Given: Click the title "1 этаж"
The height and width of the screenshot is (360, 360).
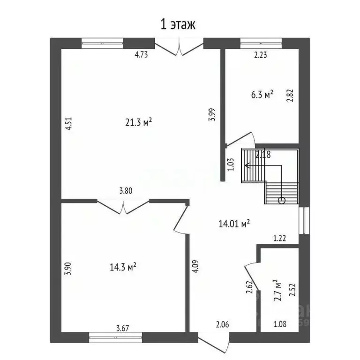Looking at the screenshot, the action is (178, 24).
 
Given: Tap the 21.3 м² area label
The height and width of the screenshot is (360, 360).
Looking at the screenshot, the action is (138, 122).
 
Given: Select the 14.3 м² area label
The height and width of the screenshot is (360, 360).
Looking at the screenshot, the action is (123, 267).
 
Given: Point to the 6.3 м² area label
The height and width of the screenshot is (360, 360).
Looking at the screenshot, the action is (262, 94).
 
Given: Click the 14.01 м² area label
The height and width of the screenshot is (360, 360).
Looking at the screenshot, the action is (234, 224).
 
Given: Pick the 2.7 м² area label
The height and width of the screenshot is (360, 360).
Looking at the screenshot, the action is (277, 290).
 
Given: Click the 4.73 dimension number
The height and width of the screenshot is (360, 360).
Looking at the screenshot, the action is (141, 55).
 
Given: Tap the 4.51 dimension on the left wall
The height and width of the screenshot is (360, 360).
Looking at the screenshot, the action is (68, 124).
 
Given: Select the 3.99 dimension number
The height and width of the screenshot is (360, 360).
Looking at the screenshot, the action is (212, 114).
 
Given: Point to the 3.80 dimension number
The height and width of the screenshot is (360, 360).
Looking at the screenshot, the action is (126, 191).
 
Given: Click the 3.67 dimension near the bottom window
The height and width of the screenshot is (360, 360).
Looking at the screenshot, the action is (123, 328).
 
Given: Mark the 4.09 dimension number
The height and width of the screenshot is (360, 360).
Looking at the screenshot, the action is (195, 266).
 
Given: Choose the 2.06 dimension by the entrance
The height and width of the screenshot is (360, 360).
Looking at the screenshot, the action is (223, 324).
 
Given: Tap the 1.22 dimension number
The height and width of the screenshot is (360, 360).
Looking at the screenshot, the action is (280, 238).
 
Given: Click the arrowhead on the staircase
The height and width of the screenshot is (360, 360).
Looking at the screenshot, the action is (247, 165).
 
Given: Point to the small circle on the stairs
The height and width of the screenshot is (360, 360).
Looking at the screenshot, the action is (281, 201).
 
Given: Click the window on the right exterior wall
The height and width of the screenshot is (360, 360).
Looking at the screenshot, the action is (304, 221).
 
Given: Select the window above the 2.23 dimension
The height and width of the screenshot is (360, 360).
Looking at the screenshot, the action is (261, 44).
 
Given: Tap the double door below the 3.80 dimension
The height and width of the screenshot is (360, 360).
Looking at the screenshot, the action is (123, 207).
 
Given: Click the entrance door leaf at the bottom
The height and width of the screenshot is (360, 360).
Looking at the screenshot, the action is (214, 343).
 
